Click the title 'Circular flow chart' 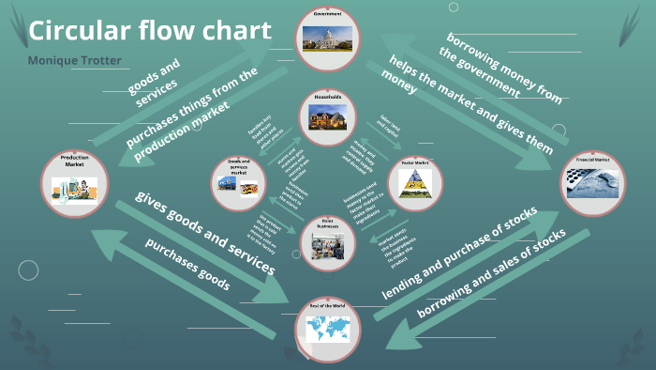tap(150, 31)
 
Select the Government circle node tap(328, 38)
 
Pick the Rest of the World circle tap(327, 323)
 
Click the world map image tap(327, 330)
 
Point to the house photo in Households tap(328, 118)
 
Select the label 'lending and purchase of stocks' tap(459, 254)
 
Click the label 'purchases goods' tap(187, 264)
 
